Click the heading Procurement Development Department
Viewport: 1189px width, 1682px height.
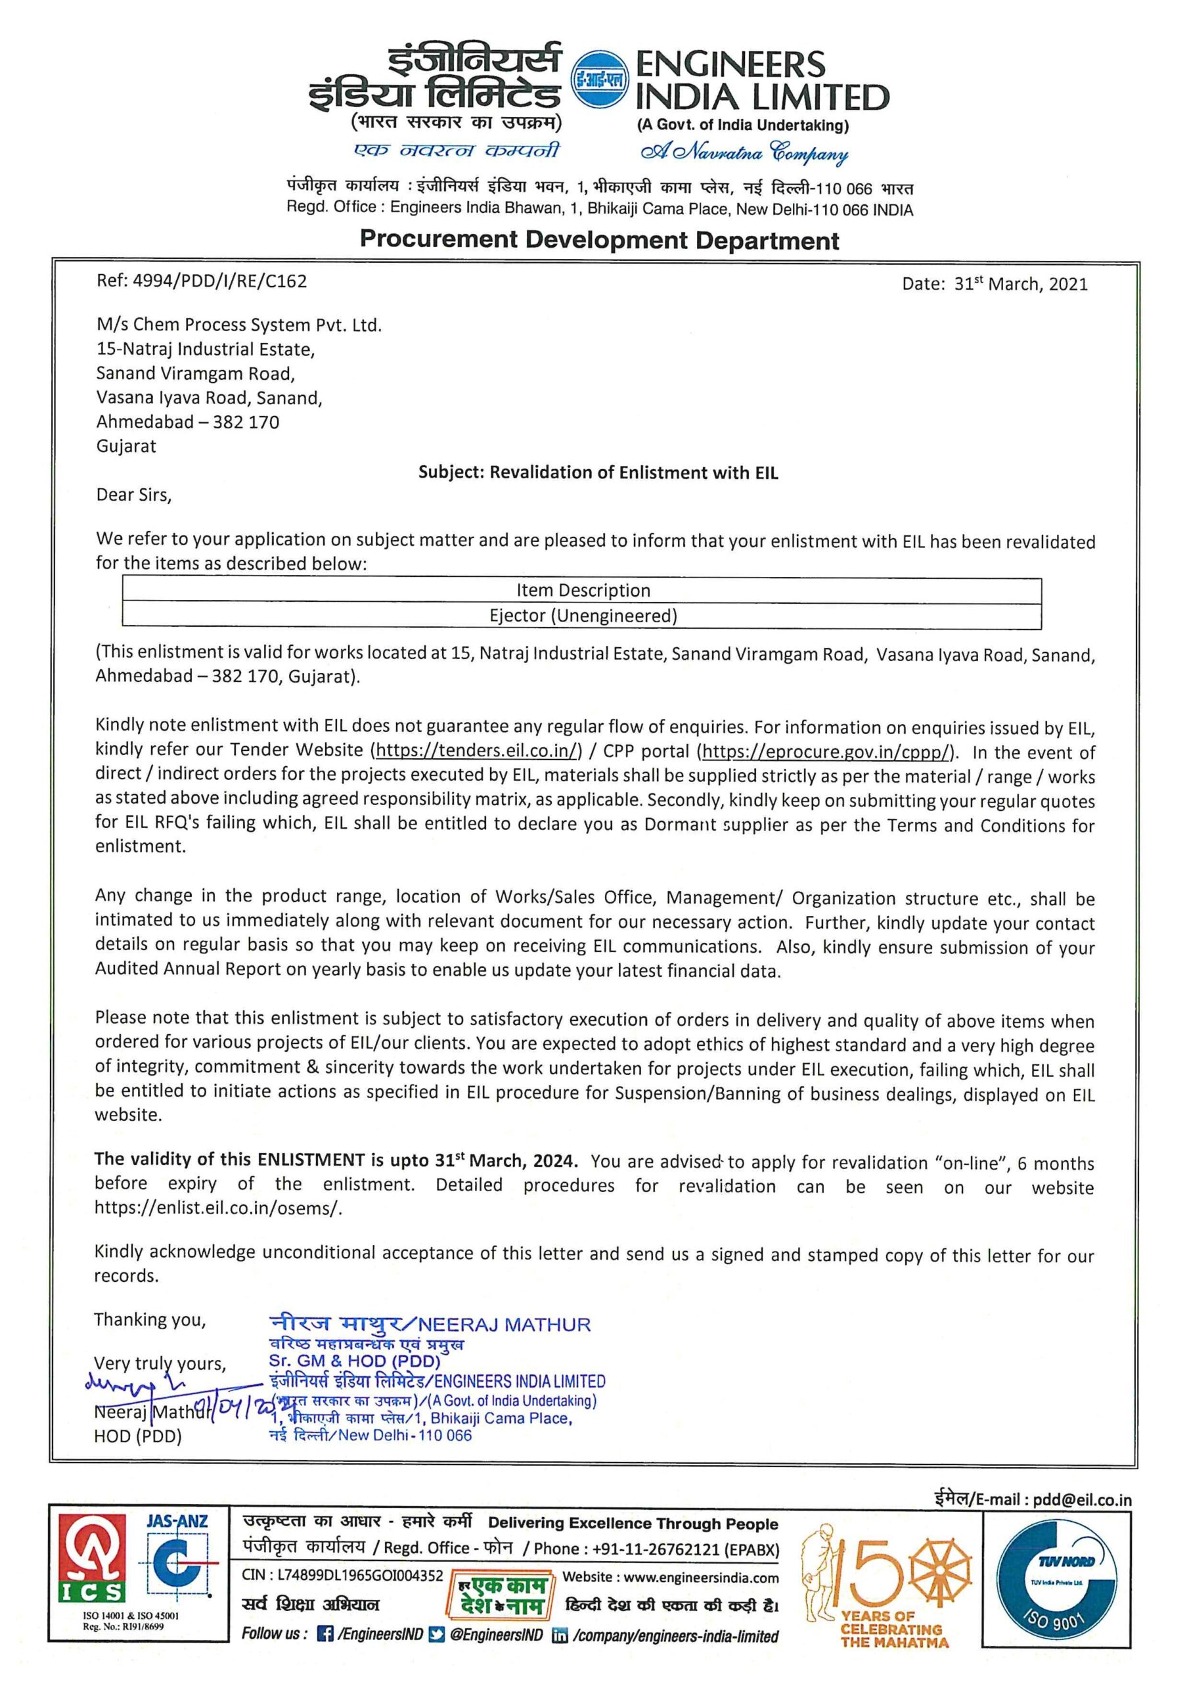(599, 240)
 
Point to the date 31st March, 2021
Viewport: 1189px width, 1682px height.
(1020, 284)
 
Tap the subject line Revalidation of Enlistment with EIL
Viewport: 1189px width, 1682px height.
(598, 472)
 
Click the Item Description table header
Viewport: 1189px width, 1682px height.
(583, 591)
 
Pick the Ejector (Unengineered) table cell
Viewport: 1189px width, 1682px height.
(583, 616)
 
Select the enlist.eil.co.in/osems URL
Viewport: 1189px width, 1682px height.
(217, 1209)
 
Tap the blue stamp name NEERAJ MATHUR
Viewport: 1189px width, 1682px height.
(505, 1325)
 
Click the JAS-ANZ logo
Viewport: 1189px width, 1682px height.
(177, 1557)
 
